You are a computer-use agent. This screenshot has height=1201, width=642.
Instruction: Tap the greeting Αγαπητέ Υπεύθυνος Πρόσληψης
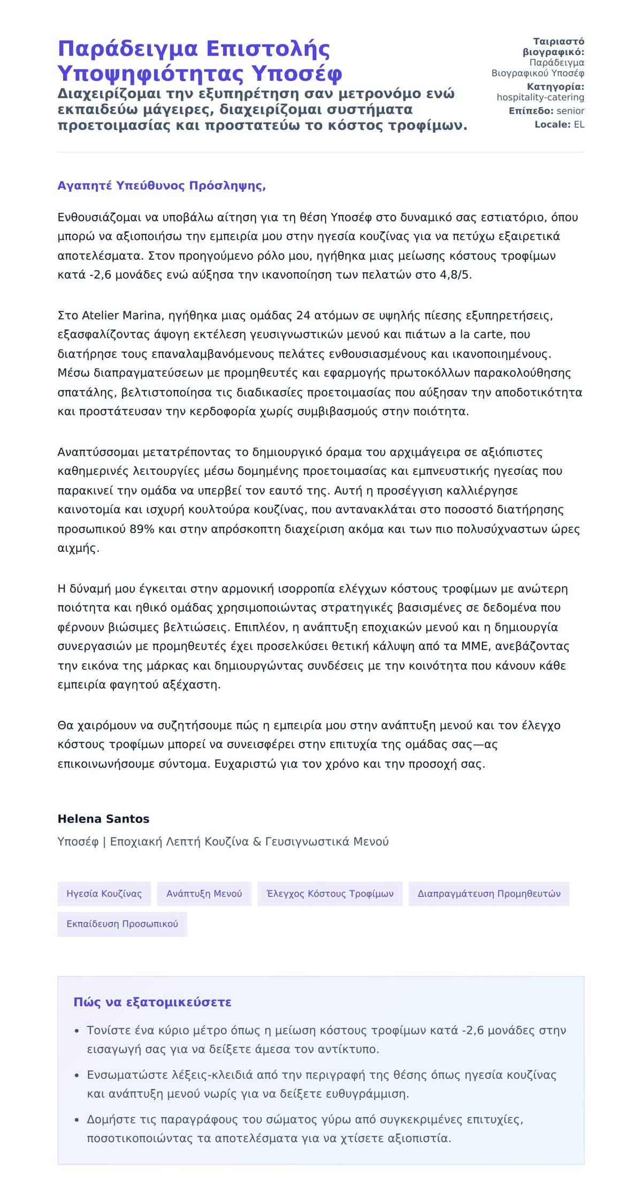162,186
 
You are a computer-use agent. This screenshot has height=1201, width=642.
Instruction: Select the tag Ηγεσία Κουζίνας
104,894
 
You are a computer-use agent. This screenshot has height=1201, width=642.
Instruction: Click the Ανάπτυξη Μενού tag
204,894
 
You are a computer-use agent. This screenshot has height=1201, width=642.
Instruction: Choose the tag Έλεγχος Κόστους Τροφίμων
330,894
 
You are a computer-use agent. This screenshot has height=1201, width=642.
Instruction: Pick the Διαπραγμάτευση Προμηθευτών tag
488,894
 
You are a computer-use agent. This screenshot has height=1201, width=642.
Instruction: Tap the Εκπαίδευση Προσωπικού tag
122,924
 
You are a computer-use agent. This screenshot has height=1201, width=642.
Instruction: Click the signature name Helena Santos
103,819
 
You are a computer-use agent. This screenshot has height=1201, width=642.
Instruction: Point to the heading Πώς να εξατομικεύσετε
152,1002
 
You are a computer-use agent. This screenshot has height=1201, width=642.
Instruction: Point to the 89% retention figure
142,529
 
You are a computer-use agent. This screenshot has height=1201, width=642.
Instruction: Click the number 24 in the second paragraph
303,315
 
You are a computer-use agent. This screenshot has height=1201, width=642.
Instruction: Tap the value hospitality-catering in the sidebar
540,97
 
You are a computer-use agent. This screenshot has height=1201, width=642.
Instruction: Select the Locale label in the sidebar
552,125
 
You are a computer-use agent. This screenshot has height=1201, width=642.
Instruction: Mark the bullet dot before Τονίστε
77,1030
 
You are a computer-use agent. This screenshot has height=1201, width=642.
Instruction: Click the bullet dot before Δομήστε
77,1120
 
